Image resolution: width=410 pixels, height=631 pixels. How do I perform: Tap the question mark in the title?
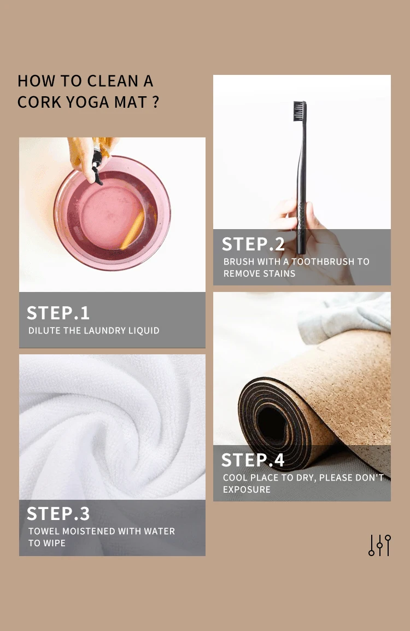[156, 102]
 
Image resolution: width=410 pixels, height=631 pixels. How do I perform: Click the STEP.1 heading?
[58, 313]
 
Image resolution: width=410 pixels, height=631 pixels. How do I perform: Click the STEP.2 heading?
[253, 244]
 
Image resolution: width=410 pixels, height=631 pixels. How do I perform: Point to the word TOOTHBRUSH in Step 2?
[320, 261]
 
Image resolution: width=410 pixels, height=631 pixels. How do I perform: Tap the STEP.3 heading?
[58, 514]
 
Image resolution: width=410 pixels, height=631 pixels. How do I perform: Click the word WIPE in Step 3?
[55, 544]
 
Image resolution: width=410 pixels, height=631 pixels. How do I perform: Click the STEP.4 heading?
[253, 460]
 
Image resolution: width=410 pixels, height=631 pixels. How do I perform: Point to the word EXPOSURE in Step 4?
[247, 490]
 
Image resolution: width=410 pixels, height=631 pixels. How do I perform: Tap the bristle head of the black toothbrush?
[299, 110]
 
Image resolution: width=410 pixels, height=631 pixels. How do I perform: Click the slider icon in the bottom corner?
[379, 545]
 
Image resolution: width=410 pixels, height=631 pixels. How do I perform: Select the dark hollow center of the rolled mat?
[272, 426]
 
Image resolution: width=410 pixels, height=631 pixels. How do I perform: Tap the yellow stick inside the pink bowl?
[133, 230]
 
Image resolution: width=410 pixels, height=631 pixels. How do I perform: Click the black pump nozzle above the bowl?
[97, 167]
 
